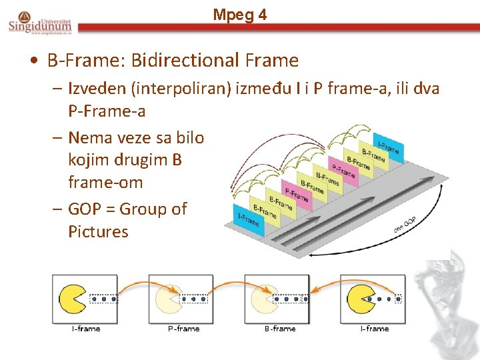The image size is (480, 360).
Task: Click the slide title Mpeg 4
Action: [240, 15]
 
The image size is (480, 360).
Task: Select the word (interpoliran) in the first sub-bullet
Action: [183, 89]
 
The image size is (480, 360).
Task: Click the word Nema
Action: [91, 138]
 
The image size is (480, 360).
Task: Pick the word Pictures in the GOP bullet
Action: [98, 231]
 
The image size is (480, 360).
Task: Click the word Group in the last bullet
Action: [154, 209]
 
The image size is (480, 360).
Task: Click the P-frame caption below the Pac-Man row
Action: [183, 329]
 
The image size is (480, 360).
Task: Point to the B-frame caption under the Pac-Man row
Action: [279, 329]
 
